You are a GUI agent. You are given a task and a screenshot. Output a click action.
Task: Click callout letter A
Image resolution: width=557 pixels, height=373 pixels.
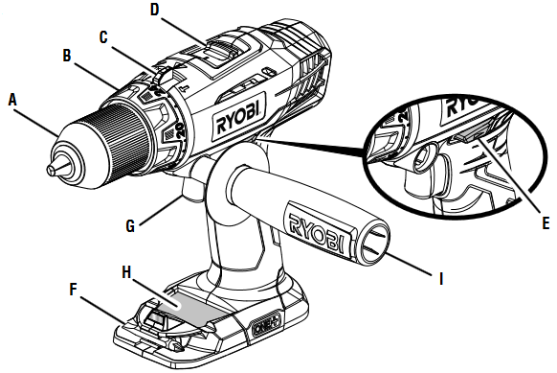click(x=12, y=98)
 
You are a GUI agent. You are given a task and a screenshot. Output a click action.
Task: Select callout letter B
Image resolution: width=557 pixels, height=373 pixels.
click(x=68, y=56)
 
